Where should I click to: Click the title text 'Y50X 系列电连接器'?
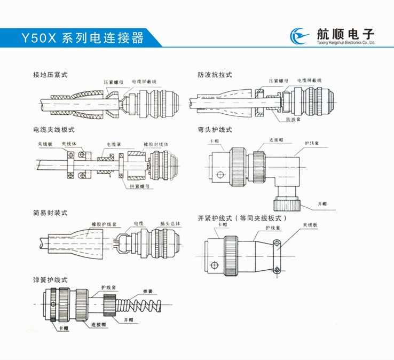click(x=82, y=38)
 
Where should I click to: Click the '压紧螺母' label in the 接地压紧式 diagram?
click(x=114, y=82)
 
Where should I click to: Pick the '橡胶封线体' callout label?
click(x=156, y=144)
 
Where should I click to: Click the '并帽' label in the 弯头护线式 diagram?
click(x=322, y=204)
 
